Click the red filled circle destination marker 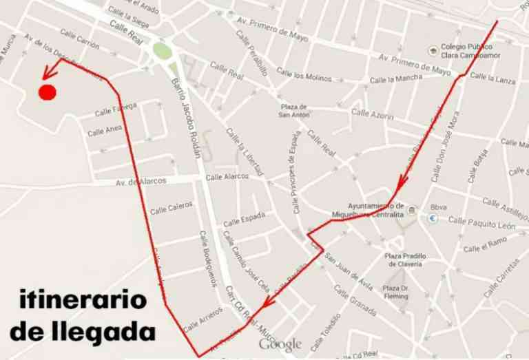tap(48, 92)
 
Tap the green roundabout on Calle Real tap(162, 51)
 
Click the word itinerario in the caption tap(83, 301)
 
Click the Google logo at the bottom tap(280, 343)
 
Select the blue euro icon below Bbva tap(433, 219)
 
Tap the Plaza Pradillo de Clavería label tap(406, 259)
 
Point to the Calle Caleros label tap(172, 207)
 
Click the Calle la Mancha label tap(395, 79)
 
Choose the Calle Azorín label tap(372, 114)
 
